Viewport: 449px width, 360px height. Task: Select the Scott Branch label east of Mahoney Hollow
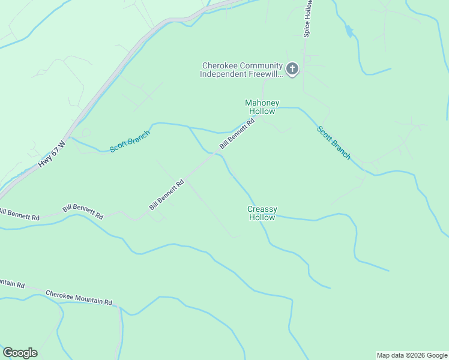click(x=334, y=142)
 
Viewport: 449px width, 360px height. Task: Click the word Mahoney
click(x=262, y=103)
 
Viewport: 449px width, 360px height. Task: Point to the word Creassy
click(x=262, y=209)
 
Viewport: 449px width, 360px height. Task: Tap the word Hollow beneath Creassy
click(x=262, y=218)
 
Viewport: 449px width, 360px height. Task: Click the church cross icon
click(x=292, y=70)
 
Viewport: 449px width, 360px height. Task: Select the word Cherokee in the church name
click(x=219, y=66)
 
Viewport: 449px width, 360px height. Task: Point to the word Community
click(x=259, y=66)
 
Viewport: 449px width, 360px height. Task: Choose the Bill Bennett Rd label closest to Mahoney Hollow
click(x=237, y=134)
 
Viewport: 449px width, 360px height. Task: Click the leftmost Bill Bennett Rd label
click(x=20, y=214)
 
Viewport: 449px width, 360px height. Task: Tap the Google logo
click(x=20, y=353)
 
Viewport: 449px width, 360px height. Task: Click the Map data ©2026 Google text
click(x=412, y=355)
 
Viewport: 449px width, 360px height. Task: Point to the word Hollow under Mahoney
click(x=262, y=111)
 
